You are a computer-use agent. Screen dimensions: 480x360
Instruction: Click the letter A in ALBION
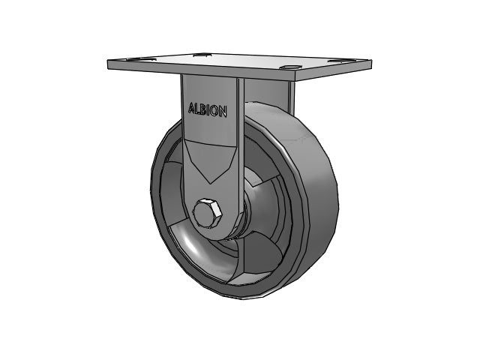coord(191,108)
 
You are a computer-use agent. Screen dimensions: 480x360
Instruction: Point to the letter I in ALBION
coord(208,110)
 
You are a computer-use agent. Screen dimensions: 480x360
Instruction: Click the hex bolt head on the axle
coord(207,214)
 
